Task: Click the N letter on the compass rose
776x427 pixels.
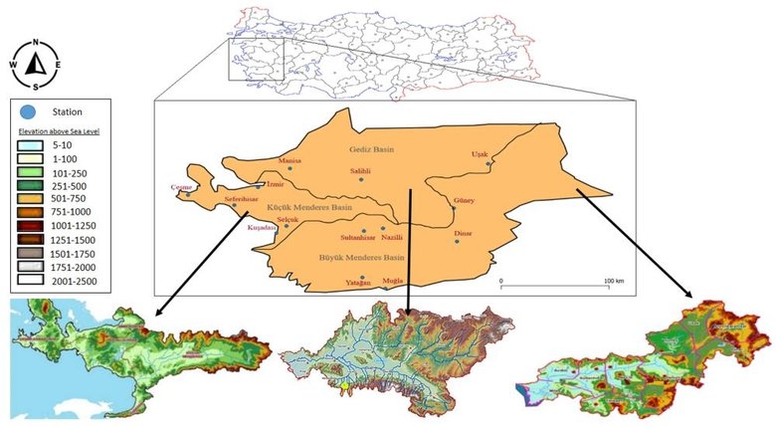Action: coord(36,43)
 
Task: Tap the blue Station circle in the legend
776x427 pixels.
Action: coord(31,111)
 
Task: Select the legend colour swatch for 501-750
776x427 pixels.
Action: coord(32,197)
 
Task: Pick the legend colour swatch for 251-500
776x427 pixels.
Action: coord(32,184)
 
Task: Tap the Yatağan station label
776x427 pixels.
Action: coord(356,283)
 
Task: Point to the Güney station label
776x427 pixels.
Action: coord(464,200)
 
